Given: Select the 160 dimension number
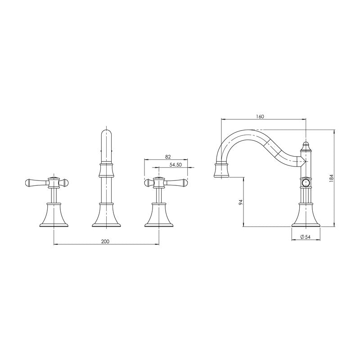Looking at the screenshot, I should (x=260, y=116).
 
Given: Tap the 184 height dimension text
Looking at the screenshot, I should (x=331, y=178).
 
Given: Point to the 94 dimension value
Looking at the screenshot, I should (x=241, y=202).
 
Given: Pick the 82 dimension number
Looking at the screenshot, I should (x=168, y=157).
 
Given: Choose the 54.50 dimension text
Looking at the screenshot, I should (x=175, y=165).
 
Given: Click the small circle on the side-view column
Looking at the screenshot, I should (x=306, y=183).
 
